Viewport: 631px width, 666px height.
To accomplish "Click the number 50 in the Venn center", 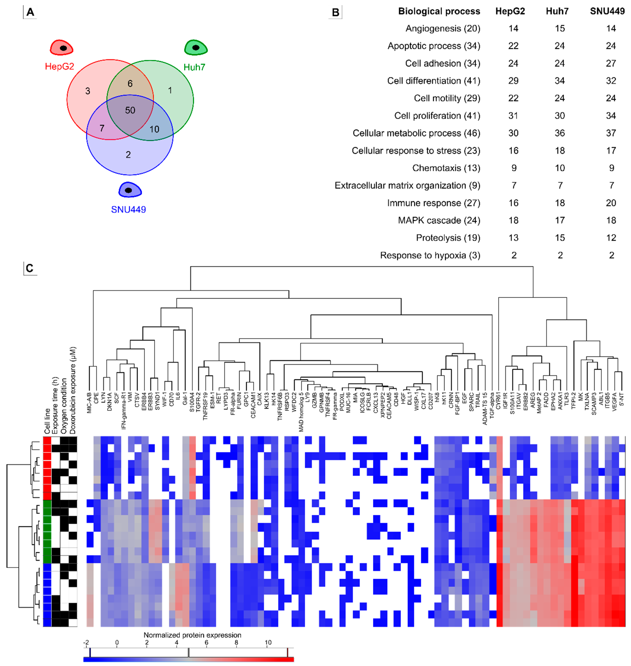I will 130,110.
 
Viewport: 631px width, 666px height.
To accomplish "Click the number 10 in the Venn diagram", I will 154,129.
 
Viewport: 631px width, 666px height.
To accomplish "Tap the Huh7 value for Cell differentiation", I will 560,81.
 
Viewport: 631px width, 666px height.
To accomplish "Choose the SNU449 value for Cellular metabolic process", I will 611,133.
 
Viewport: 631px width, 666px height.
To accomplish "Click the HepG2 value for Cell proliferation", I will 513,116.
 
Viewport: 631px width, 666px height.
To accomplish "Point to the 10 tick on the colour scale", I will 268,643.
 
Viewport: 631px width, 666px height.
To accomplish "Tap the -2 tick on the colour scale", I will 86,643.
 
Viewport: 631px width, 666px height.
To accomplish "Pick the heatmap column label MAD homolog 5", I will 301,412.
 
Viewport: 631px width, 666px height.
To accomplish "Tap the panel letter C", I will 30,268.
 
